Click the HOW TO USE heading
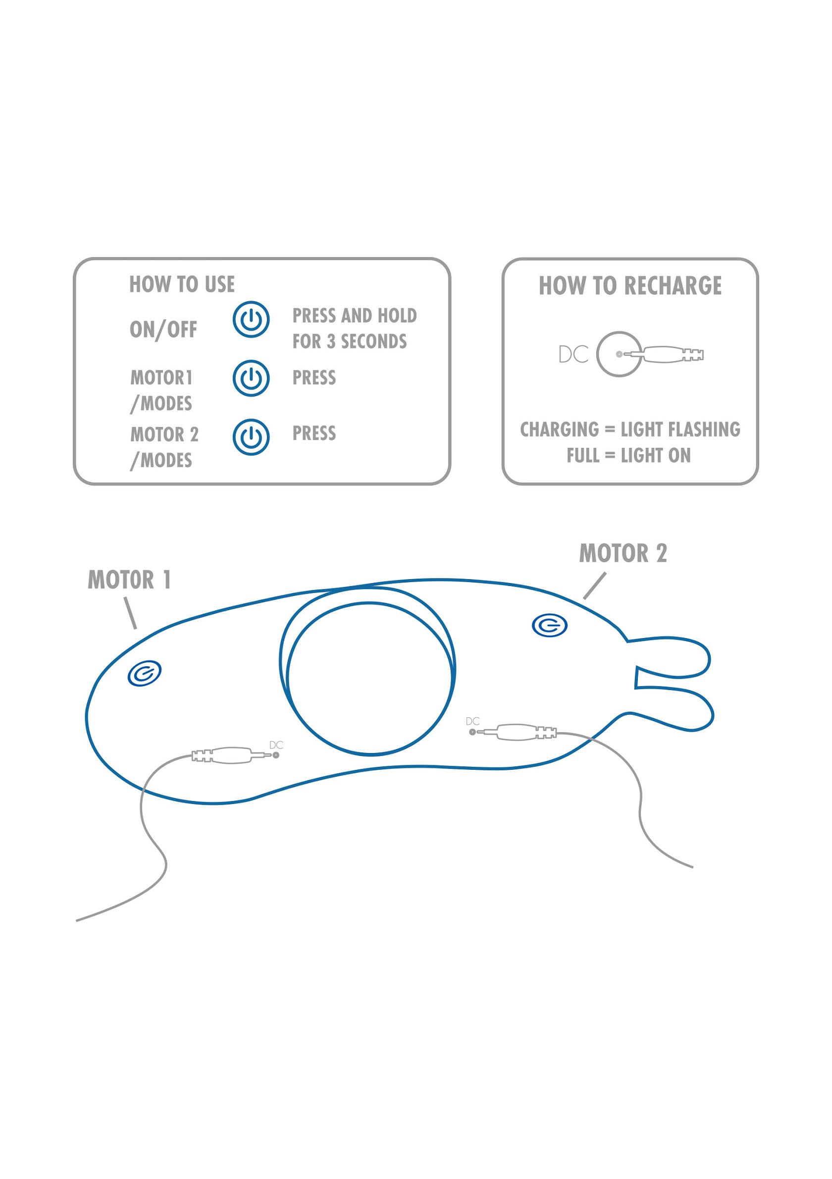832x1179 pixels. [182, 284]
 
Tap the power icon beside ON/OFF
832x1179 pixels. [251, 320]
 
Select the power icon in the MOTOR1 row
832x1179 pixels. [251, 378]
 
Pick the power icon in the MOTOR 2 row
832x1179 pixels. [251, 437]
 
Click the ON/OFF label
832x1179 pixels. [163, 329]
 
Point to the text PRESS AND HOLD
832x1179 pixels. [354, 315]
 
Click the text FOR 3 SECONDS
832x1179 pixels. [350, 341]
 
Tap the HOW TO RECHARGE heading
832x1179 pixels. [630, 285]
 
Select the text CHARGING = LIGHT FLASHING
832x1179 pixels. [630, 429]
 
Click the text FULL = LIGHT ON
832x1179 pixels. [628, 455]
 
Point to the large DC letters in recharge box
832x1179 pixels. [573, 354]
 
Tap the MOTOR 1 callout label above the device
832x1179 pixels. [129, 580]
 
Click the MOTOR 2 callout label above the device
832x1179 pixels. [623, 553]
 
